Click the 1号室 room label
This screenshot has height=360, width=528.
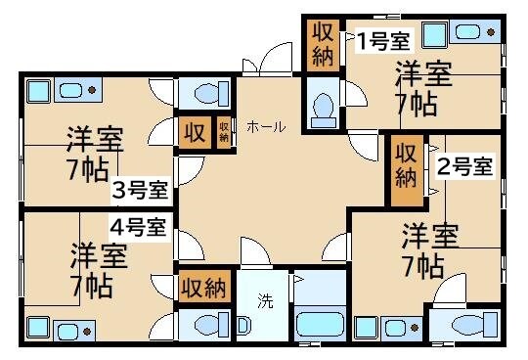tap(382, 40)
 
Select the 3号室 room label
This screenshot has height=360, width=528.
tap(138, 190)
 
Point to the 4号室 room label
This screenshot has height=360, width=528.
tap(138, 228)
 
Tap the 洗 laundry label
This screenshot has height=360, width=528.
tap(265, 301)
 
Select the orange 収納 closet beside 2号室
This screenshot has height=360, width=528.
tap(406, 164)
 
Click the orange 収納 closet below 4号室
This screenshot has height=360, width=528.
tap(203, 289)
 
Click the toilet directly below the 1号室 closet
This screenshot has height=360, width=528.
tap(322, 106)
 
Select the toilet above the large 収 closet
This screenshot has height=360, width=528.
tap(206, 94)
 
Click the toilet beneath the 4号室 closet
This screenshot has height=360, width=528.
tap(206, 325)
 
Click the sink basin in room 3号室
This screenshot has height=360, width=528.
tap(72, 92)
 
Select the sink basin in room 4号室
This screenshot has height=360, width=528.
tap(70, 328)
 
